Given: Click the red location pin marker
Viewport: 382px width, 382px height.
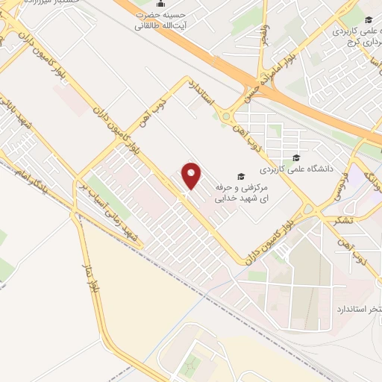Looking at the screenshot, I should (192, 175).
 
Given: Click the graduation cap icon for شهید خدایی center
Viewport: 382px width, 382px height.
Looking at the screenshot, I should (241, 176).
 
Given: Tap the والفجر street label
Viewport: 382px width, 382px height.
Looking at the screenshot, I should (262, 34).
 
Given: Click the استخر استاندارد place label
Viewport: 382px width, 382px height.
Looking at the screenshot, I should (359, 308).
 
